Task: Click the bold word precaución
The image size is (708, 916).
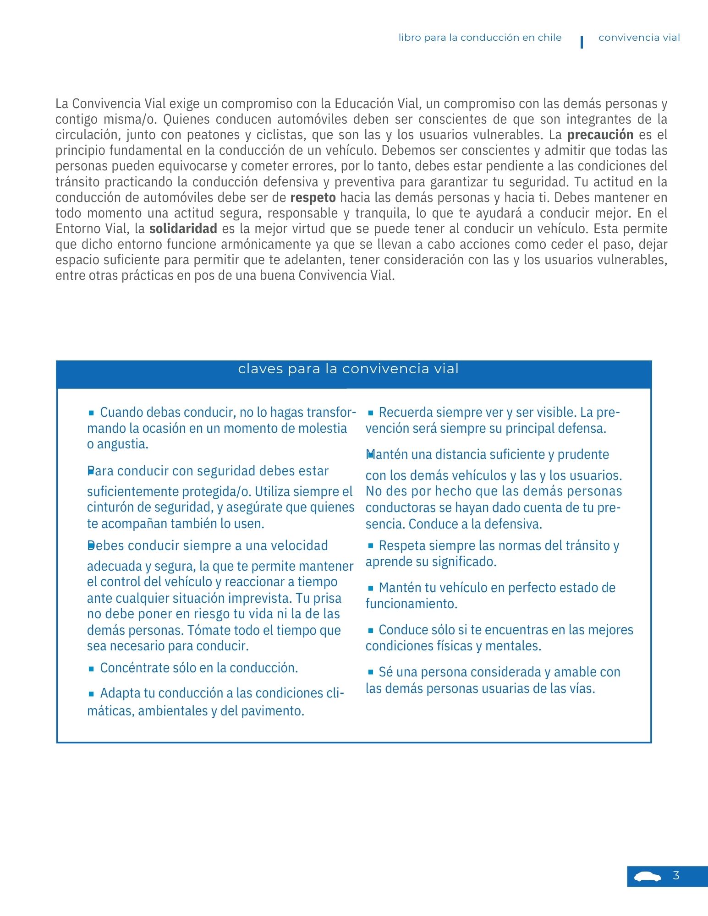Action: pyautogui.click(x=600, y=135)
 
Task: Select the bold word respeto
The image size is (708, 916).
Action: pyautogui.click(x=313, y=197)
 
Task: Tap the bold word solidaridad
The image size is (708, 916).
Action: pyautogui.click(x=183, y=229)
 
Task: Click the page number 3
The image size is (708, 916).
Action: pyautogui.click(x=676, y=876)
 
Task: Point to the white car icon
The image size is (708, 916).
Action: pyautogui.click(x=647, y=877)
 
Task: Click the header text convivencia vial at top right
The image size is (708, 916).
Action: pyautogui.click(x=639, y=38)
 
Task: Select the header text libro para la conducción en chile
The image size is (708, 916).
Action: pyautogui.click(x=480, y=38)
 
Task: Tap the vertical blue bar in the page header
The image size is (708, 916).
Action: pyautogui.click(x=582, y=42)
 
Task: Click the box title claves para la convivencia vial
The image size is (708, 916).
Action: pyautogui.click(x=348, y=369)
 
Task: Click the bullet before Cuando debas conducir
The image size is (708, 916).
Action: pyautogui.click(x=91, y=413)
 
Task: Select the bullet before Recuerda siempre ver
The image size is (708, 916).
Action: pyautogui.click(x=370, y=413)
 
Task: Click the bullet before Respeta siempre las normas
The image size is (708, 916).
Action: pyautogui.click(x=370, y=546)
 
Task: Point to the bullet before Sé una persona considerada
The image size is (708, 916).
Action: pyautogui.click(x=370, y=672)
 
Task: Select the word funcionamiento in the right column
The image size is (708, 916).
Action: pyautogui.click(x=411, y=604)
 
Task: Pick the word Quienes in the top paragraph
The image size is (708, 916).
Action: pyautogui.click(x=186, y=119)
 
